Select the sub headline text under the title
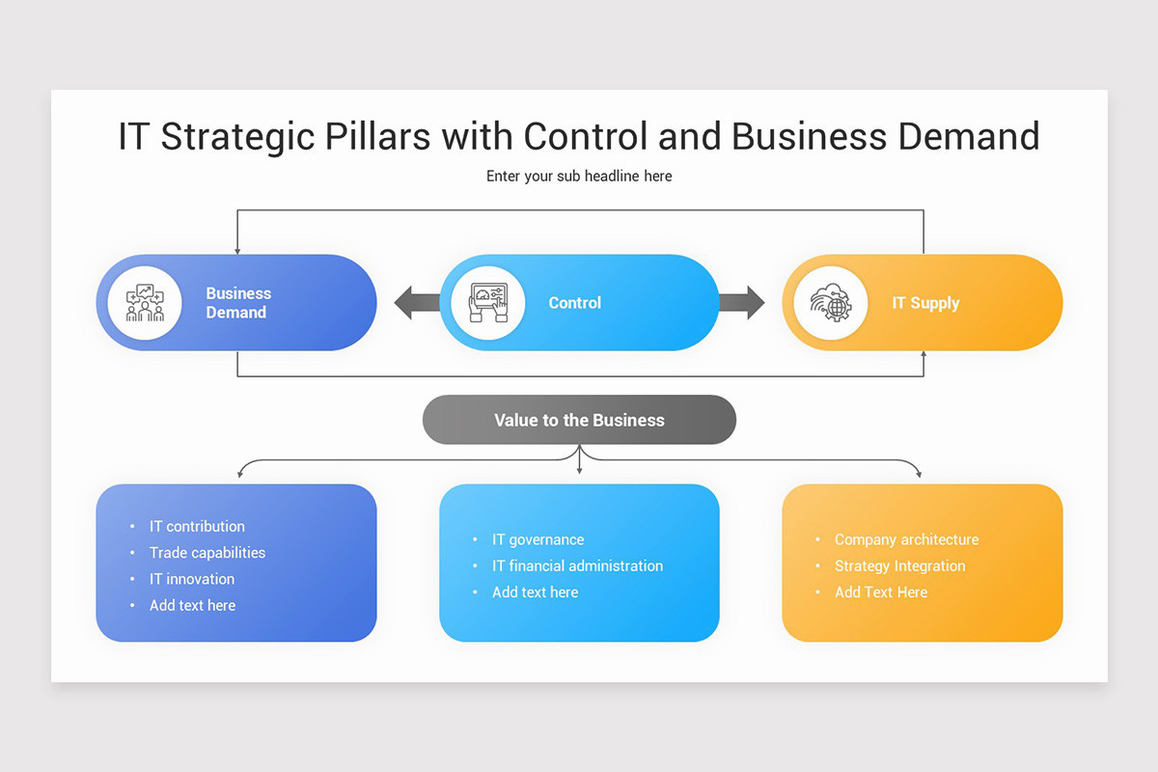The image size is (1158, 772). (x=579, y=177)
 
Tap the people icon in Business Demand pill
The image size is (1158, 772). (x=145, y=303)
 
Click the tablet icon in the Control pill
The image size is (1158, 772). (x=487, y=303)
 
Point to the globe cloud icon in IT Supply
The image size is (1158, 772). (x=830, y=303)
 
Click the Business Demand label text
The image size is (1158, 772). (x=237, y=303)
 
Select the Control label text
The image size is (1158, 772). (x=574, y=303)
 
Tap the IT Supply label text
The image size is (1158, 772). (x=925, y=303)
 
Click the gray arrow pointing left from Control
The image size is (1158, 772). (x=416, y=303)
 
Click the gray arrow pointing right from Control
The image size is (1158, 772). (x=741, y=303)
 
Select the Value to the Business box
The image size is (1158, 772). (x=579, y=421)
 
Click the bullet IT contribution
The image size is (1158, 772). (x=197, y=527)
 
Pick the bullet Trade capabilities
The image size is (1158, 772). (x=207, y=553)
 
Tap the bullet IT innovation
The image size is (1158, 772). (x=191, y=579)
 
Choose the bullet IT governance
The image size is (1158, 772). (x=538, y=540)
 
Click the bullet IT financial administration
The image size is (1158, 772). (x=577, y=566)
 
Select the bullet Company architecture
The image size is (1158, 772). (x=906, y=540)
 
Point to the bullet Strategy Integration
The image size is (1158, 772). (x=899, y=566)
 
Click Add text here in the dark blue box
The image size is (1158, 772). (x=192, y=606)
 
